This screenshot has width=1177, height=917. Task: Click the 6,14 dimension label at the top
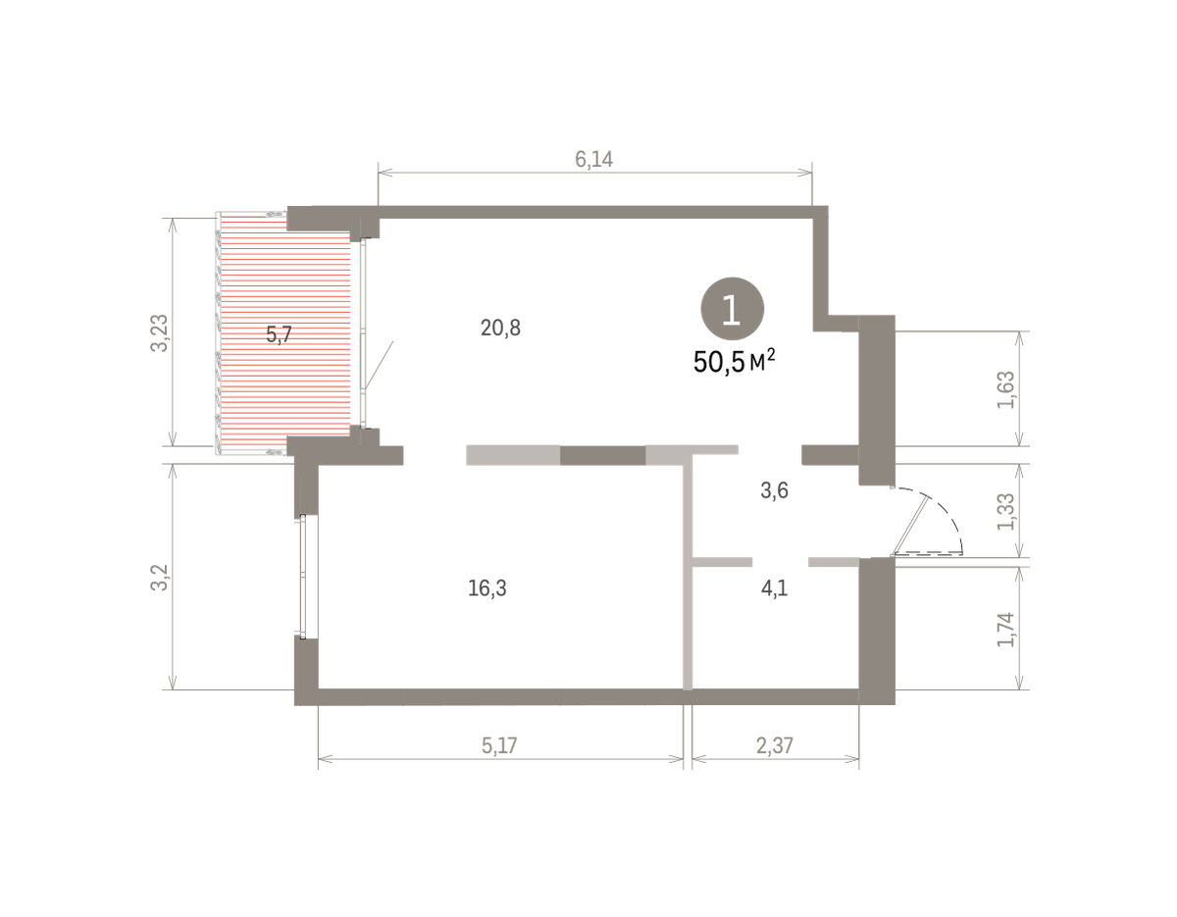pyautogui.click(x=593, y=159)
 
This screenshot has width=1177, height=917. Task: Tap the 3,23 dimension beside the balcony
pyautogui.click(x=160, y=333)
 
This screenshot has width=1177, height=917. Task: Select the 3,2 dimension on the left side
pyautogui.click(x=160, y=578)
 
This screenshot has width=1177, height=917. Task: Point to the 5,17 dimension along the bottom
pyautogui.click(x=499, y=745)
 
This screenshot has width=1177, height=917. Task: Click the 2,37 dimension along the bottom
pyautogui.click(x=775, y=745)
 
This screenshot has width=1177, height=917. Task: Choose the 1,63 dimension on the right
pyautogui.click(x=1005, y=389)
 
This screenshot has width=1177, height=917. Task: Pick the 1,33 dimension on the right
pyautogui.click(x=1005, y=511)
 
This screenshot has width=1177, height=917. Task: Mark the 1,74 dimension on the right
pyautogui.click(x=1005, y=629)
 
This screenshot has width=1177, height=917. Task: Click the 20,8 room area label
pyautogui.click(x=500, y=328)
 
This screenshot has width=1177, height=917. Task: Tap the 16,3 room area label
pyautogui.click(x=486, y=587)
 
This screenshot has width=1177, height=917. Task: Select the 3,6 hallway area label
pyautogui.click(x=774, y=490)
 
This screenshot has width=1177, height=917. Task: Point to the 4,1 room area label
pyautogui.click(x=774, y=587)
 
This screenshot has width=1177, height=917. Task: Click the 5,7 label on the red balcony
pyautogui.click(x=279, y=334)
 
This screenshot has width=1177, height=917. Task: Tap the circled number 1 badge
pyautogui.click(x=733, y=309)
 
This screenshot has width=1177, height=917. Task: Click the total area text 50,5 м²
pyautogui.click(x=734, y=361)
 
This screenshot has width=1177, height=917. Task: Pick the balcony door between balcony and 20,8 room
pyautogui.click(x=364, y=332)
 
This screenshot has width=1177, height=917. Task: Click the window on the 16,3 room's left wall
pyautogui.click(x=303, y=577)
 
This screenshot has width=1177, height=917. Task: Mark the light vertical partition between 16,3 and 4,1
pyautogui.click(x=688, y=572)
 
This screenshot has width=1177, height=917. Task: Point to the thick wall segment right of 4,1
pyautogui.click(x=877, y=631)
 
